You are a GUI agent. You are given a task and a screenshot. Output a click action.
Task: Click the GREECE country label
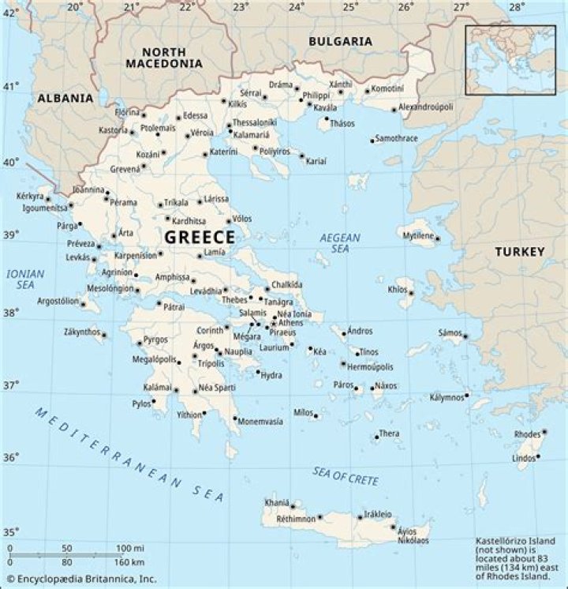pyautogui.click(x=199, y=238)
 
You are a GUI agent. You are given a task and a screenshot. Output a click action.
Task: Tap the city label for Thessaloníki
pyautogui.click(x=256, y=122)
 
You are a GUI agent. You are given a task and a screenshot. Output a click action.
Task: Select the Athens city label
pyautogui.click(x=290, y=322)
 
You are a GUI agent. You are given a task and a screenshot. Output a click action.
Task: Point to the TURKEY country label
pyautogui.click(x=519, y=252)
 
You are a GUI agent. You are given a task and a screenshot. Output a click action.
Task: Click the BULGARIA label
pyautogui.click(x=340, y=41)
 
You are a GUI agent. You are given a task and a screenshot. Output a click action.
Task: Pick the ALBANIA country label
pyautogui.click(x=65, y=99)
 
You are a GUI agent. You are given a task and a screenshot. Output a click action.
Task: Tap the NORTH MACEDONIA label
pyautogui.click(x=163, y=56)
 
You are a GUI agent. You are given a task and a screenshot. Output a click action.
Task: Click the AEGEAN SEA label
pyautogui.click(x=339, y=242)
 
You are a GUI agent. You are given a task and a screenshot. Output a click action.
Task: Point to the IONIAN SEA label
pyautogui.click(x=25, y=279)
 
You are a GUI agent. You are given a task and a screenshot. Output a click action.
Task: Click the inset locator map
pyautogui.click(x=510, y=59)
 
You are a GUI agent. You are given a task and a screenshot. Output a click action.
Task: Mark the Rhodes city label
pyautogui.click(x=526, y=434)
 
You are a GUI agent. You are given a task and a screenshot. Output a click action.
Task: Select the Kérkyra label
pyautogui.click(x=29, y=196)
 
